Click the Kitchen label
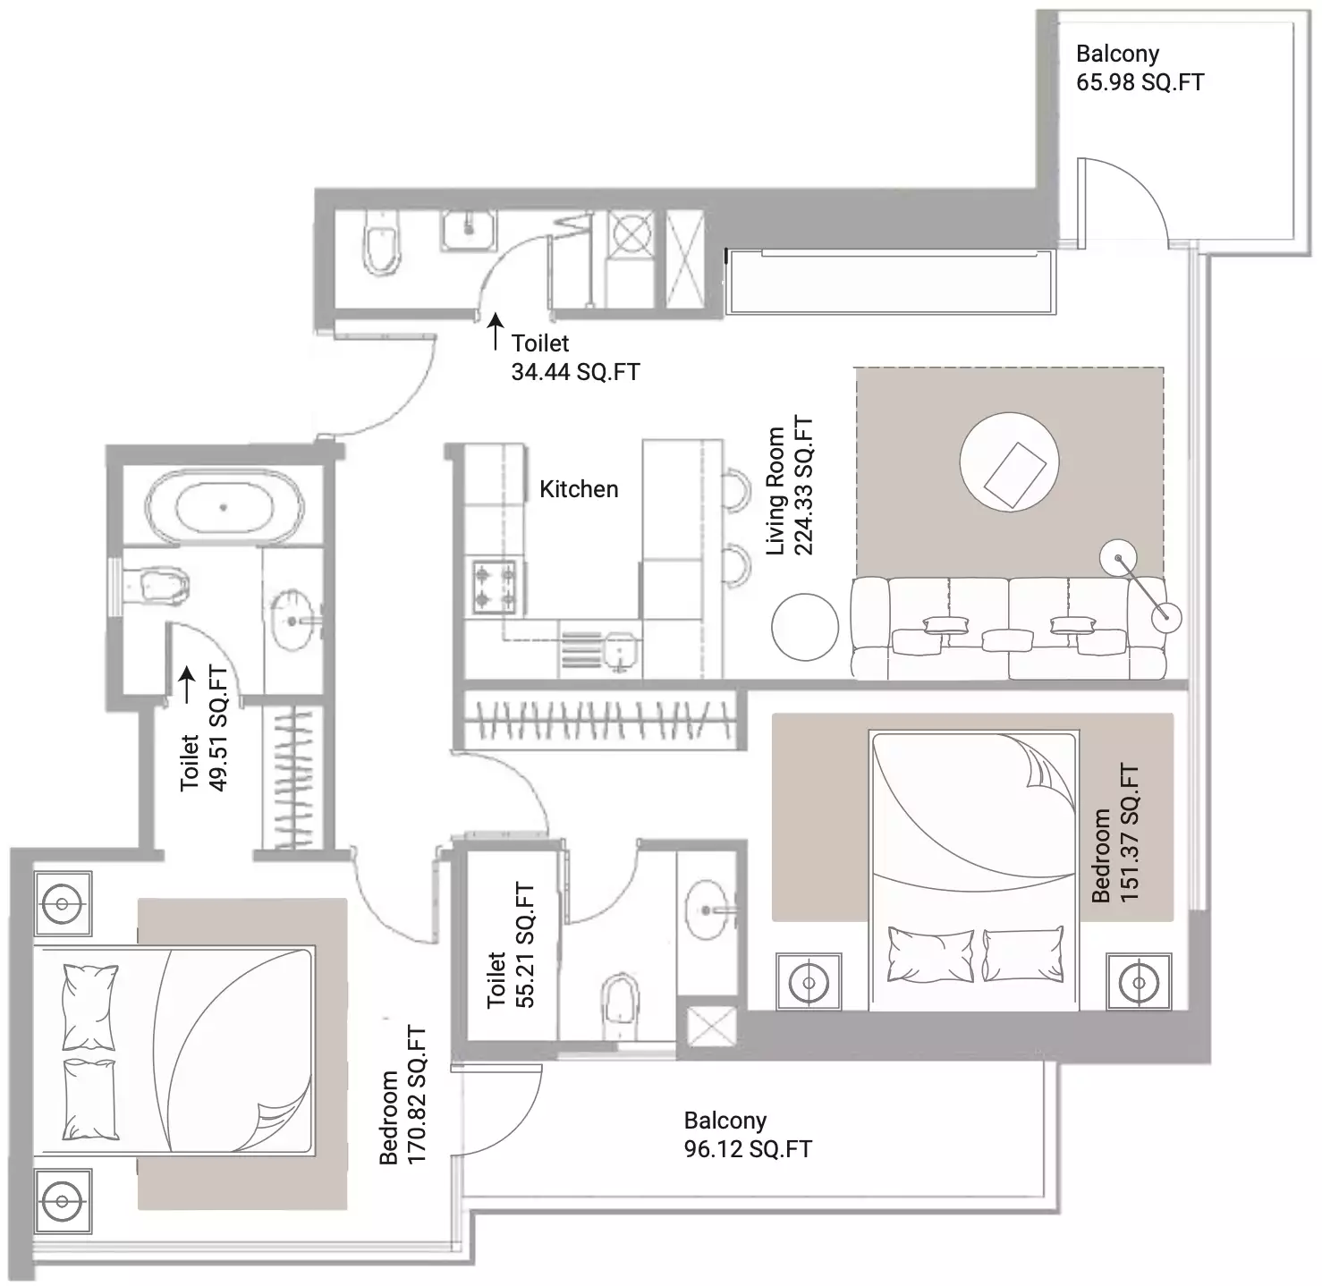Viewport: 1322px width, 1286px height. point(578,489)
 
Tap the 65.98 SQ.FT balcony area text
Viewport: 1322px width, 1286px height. point(1140,82)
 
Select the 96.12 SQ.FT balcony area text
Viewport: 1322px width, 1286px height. point(748,1149)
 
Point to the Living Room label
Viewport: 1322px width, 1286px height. point(775,490)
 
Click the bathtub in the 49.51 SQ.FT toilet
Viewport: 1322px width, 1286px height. point(223,507)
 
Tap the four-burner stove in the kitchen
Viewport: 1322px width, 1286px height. point(495,587)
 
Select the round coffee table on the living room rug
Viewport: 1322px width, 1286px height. point(1009,461)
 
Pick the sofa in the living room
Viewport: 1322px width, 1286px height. point(1008,629)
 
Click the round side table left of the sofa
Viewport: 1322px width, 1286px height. point(805,627)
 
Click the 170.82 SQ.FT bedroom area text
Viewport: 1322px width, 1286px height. point(416,1095)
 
